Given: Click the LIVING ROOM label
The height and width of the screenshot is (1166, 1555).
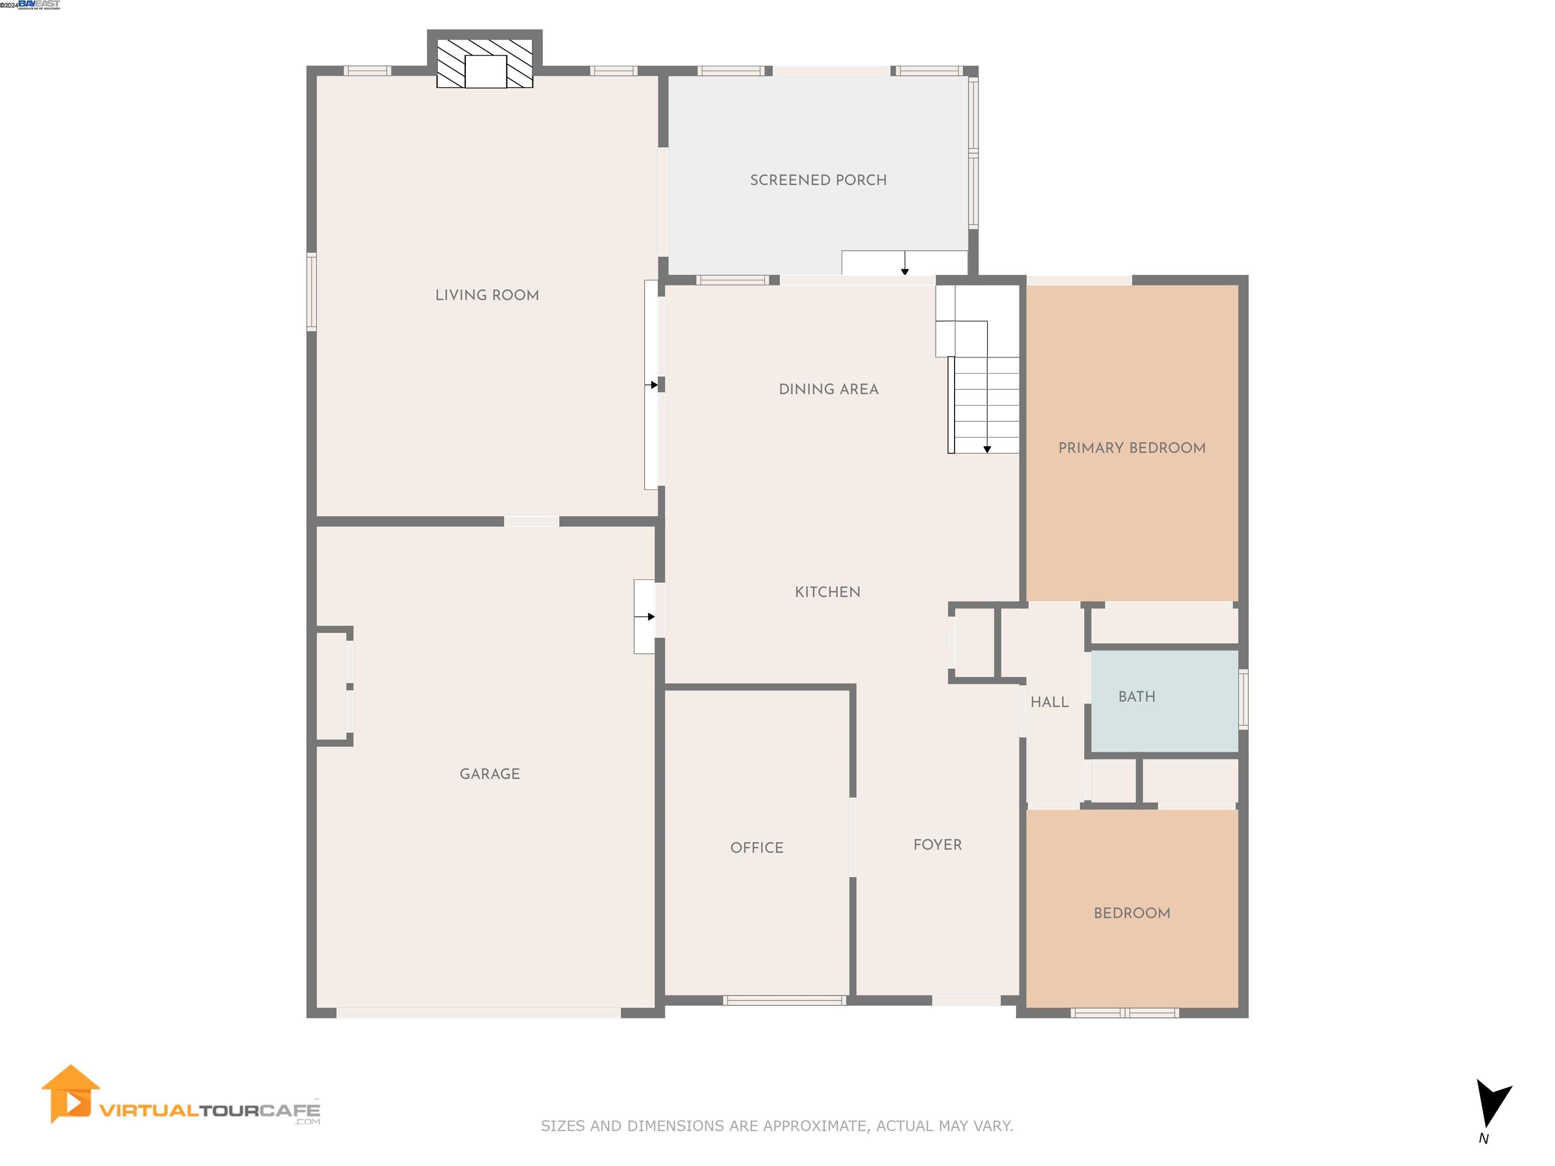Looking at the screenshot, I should point(486,295).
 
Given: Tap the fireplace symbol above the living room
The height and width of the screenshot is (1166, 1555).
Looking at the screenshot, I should point(484,63).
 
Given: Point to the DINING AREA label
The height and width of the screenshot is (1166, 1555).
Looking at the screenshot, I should point(828,389).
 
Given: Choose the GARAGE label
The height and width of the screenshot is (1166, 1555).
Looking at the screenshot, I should point(489,774).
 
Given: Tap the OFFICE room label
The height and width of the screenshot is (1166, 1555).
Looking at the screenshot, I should point(756,848).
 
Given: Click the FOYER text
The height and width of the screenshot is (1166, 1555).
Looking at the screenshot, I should point(937,845).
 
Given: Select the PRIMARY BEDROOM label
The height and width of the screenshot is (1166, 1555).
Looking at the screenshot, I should point(1131,448).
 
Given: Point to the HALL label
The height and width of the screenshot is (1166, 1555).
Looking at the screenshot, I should point(1049,702).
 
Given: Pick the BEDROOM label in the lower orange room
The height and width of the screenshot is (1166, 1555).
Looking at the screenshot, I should point(1131,913).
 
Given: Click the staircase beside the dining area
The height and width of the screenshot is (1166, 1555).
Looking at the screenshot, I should point(984,404).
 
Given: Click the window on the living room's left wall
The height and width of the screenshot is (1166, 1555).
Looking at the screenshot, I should point(311,291).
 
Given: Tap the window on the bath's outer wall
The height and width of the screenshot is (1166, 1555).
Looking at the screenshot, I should point(1242,699).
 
